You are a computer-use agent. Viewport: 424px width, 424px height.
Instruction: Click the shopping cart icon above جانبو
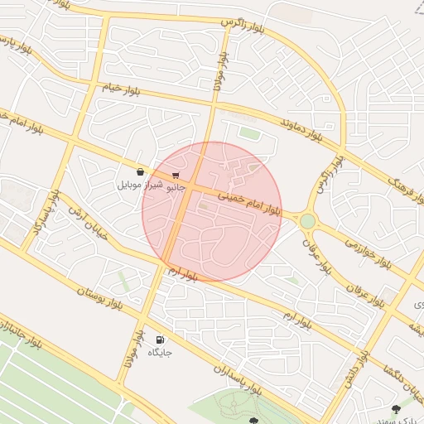click(176, 175)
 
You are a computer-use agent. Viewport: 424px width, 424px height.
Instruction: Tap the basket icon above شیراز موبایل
click(140, 171)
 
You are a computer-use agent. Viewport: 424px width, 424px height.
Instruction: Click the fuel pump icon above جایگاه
click(159, 340)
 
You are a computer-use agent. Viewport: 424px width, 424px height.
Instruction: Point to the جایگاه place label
click(159, 354)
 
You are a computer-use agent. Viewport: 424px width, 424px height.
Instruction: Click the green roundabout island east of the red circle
click(308, 221)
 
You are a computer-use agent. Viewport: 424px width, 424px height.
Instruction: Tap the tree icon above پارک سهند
click(397, 409)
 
